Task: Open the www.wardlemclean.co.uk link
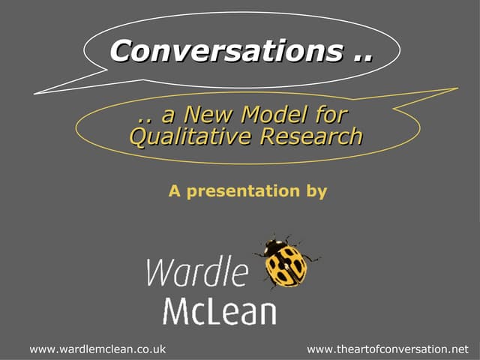[97, 349]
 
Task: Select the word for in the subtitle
[331, 116]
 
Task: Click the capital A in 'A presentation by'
[174, 191]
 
